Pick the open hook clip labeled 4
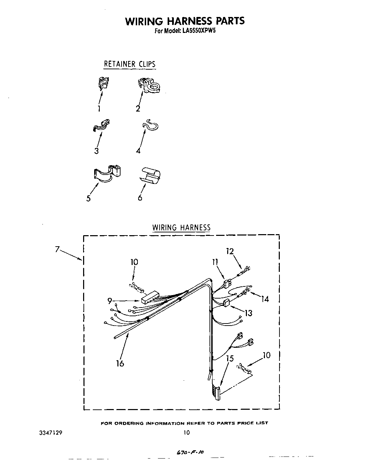click(151, 126)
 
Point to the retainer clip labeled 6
click(151, 176)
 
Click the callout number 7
click(58, 249)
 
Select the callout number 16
click(120, 363)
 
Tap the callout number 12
click(230, 251)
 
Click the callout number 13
click(248, 313)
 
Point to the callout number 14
click(265, 299)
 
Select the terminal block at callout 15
click(216, 393)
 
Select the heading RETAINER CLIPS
click(130, 64)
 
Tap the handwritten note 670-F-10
click(190, 452)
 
